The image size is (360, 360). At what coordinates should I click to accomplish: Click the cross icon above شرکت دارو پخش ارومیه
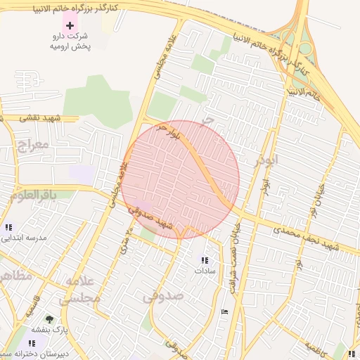click(70, 25)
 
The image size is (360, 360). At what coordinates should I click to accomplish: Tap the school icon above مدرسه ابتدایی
click(9, 227)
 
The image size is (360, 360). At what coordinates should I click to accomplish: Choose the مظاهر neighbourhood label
click(15, 275)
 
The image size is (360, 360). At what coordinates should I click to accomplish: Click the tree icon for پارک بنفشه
click(49, 320)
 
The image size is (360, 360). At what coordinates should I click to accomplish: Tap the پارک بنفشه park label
click(49, 330)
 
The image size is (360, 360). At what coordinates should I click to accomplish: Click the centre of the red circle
click(180, 179)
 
